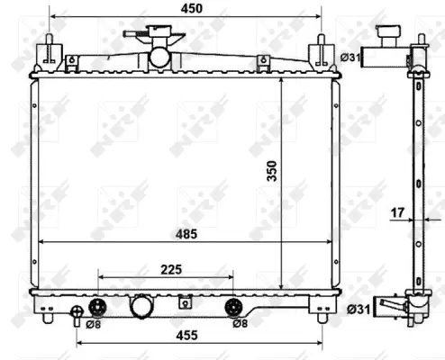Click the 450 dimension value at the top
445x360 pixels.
click(190, 8)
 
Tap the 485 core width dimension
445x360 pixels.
click(186, 234)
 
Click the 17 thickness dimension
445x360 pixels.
click(396, 213)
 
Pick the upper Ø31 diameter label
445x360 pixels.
click(350, 58)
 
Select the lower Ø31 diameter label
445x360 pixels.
click(358, 310)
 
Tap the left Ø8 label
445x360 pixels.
click(94, 323)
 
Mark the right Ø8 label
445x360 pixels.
click(239, 323)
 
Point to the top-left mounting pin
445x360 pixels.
click(46, 50)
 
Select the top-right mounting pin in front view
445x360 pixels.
click(321, 50)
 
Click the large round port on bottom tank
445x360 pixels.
click(142, 306)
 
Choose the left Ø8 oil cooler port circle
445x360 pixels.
click(98, 305)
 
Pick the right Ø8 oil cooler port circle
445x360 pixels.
click(232, 305)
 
